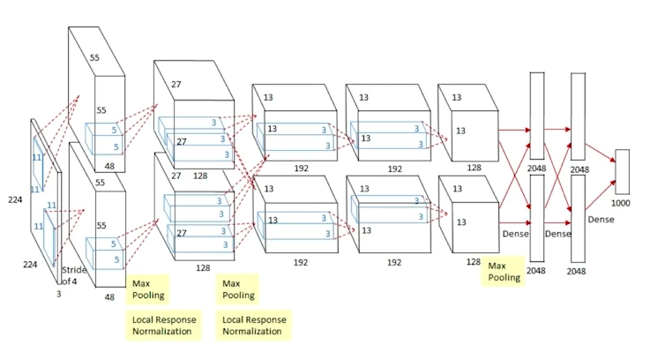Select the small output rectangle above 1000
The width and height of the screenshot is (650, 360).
click(622, 171)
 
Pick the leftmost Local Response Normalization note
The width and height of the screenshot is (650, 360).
click(164, 324)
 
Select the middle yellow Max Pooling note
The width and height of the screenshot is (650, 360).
click(238, 289)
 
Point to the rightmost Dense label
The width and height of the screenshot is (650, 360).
click(601, 218)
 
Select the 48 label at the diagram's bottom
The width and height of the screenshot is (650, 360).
click(110, 297)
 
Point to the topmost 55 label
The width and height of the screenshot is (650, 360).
click(95, 58)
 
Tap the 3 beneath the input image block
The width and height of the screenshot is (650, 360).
click(58, 293)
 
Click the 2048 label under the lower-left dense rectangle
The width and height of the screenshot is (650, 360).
click(536, 270)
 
